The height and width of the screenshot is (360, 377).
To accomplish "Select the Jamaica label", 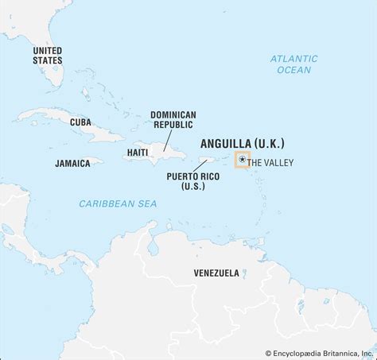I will coord(72,162).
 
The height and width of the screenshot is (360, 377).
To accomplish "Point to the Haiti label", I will coord(137,151).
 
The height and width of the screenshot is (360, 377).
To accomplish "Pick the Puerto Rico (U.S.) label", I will coord(188,180).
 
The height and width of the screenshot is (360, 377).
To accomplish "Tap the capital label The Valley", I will coord(271,163).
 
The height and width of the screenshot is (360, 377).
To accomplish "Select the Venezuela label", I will coord(216,273).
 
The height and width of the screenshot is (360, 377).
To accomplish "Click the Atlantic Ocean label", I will coord(293,64).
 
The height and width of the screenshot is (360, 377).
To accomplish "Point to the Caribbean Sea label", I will coord(117,204).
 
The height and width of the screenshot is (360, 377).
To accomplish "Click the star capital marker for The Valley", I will coord(242,161).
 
